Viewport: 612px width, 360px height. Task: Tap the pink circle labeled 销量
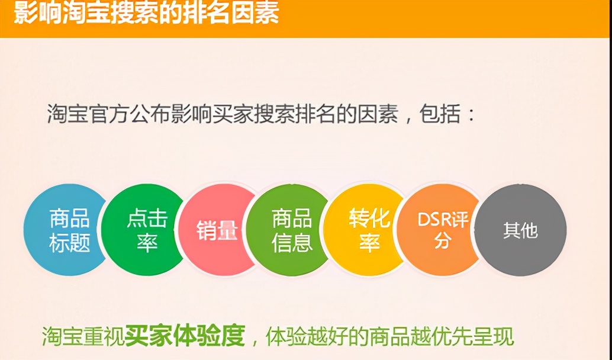pyautogui.click(x=217, y=230)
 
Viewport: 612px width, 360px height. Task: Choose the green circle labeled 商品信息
pyautogui.click(x=291, y=230)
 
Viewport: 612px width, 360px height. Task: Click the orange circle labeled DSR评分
pyautogui.click(x=441, y=230)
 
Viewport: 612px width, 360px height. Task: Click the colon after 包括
pyautogui.click(x=471, y=114)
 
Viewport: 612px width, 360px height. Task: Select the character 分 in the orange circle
pyautogui.click(x=442, y=242)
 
